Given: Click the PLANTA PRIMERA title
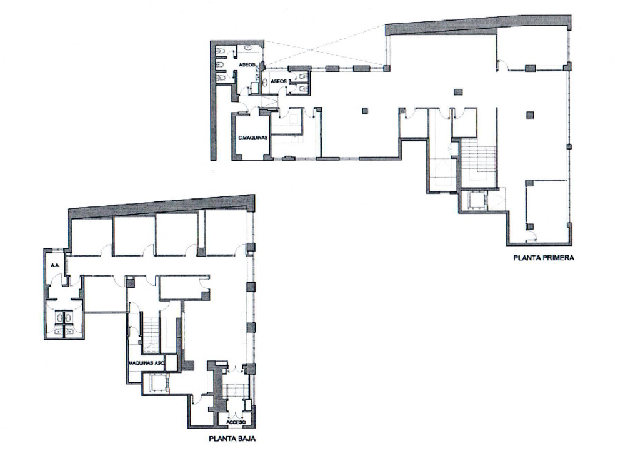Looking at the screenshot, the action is (544, 257).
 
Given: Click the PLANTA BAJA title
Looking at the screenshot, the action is (232, 439).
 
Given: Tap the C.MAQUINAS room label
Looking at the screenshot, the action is (253, 138).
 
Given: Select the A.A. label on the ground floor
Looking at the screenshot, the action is (56, 265).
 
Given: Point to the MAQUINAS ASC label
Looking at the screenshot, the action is (147, 363).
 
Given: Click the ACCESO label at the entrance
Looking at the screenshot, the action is (236, 423).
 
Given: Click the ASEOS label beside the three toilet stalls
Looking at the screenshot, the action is (247, 64).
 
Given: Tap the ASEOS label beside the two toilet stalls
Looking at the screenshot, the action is (279, 81).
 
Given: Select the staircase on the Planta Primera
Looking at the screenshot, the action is (479, 159).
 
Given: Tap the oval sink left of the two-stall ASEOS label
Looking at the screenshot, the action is (265, 83).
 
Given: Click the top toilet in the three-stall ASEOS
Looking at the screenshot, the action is (221, 51).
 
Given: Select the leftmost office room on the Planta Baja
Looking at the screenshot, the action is (92, 236).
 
